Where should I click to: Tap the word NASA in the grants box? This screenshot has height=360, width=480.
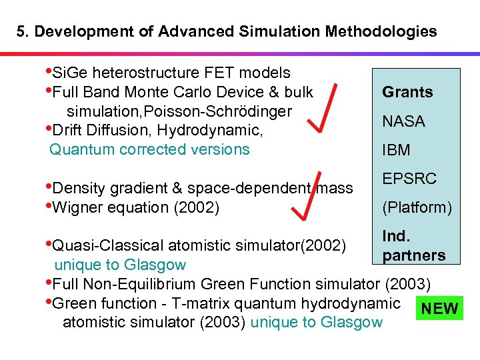403,121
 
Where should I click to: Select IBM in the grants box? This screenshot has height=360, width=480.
396,151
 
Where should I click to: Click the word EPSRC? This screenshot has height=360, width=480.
409,179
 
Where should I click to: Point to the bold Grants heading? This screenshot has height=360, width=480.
407,92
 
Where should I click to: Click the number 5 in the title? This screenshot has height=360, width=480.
21,31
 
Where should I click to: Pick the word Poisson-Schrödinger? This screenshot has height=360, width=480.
227,111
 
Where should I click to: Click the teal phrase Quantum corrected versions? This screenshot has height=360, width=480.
149,149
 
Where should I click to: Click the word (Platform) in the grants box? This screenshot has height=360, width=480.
417,207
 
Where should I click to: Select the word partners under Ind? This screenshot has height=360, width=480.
413,255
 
